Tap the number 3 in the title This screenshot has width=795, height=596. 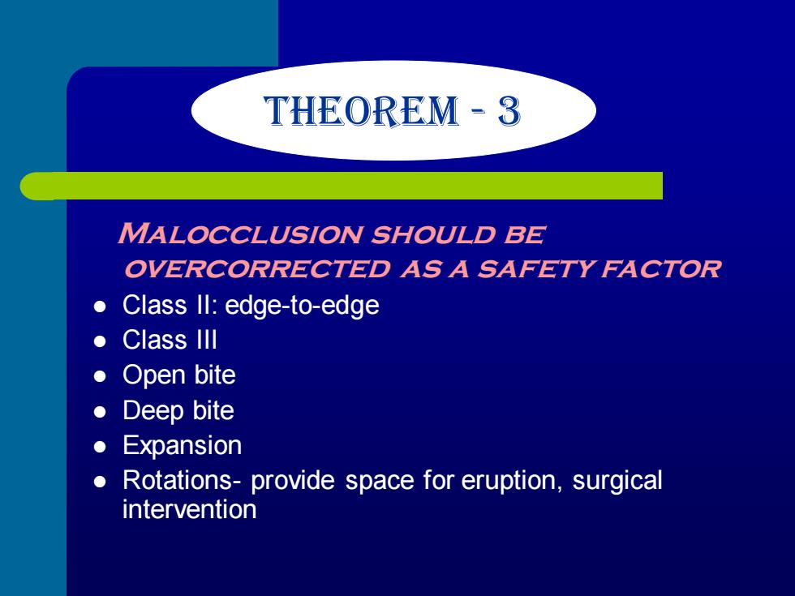(509, 111)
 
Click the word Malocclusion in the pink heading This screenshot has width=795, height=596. (239, 234)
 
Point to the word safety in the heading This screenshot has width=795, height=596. (535, 268)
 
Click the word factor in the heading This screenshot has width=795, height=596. (660, 268)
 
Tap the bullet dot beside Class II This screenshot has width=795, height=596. (101, 307)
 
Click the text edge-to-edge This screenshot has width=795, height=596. (302, 306)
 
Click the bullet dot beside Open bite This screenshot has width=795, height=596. (101, 376)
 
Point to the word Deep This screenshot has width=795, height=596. (153, 411)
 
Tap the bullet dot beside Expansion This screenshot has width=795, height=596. (101, 447)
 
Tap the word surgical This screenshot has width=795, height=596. (617, 481)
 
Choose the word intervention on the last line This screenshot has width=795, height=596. (189, 509)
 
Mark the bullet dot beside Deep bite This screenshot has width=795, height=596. (101, 412)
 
